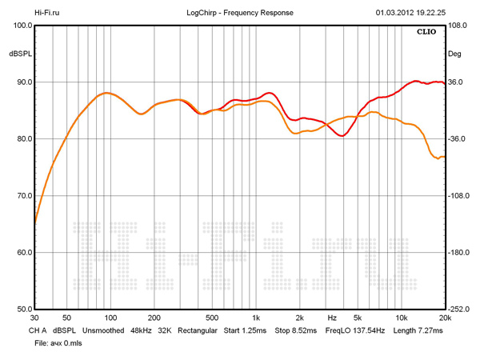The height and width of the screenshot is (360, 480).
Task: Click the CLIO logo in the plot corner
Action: (x=426, y=33)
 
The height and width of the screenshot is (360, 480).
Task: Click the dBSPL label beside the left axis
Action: (x=20, y=54)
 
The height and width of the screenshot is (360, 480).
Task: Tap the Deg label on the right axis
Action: (x=454, y=54)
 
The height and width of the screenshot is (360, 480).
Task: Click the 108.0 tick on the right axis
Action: (x=458, y=26)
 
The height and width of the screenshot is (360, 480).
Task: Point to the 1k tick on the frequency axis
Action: (x=255, y=318)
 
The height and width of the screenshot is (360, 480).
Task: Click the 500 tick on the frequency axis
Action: (x=212, y=318)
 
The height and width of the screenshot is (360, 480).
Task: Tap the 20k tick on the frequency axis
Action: (x=445, y=318)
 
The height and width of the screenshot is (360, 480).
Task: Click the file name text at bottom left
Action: (x=58, y=342)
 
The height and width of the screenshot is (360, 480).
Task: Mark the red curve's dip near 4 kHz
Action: (x=342, y=136)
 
